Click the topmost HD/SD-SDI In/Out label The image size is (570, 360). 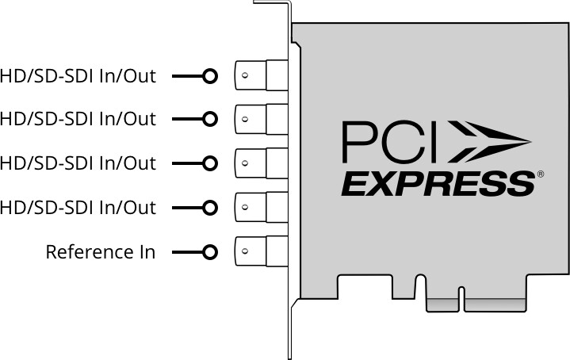[x=78, y=76]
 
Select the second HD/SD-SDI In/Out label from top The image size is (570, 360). [x=78, y=119]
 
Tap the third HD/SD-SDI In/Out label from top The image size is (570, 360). [x=78, y=163]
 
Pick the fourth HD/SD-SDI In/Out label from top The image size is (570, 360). [x=78, y=208]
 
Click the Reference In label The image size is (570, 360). [x=101, y=252]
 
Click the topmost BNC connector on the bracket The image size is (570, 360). [x=262, y=75]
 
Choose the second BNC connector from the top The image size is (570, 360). [x=262, y=119]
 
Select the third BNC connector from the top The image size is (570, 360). [x=262, y=163]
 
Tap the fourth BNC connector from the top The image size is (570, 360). [x=262, y=207]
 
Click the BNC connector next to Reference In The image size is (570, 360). [x=262, y=251]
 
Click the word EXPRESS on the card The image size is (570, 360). [x=438, y=185]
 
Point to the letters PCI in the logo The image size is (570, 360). [x=389, y=142]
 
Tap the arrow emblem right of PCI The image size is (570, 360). [x=489, y=142]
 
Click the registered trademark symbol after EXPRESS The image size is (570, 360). [x=541, y=174]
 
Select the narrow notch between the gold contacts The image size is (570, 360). [x=461, y=299]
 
